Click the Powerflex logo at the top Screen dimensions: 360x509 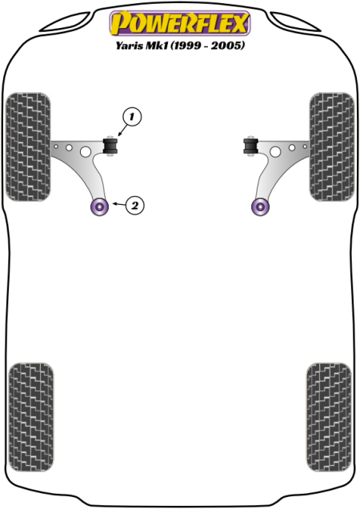pyautogui.click(x=180, y=22)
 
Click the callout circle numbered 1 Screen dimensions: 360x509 pyautogui.click(x=132, y=117)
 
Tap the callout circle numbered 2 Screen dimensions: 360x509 pyautogui.click(x=134, y=206)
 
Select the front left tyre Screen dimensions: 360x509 pyautogui.click(x=28, y=146)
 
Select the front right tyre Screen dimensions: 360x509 pyautogui.click(x=332, y=146)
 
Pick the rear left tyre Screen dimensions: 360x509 pyautogui.click(x=31, y=417)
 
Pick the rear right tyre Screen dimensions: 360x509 pyautogui.click(x=329, y=417)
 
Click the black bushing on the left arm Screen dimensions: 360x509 pyautogui.click(x=110, y=146)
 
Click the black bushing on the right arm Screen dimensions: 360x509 pyautogui.click(x=250, y=146)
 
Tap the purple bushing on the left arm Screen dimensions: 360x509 pyautogui.click(x=99, y=206)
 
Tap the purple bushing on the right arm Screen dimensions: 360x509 pyautogui.click(x=261, y=206)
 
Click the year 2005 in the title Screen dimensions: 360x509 pyautogui.click(x=227, y=45)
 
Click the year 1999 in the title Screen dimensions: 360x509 pyautogui.click(x=186, y=45)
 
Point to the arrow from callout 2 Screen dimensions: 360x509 pyautogui.click(x=118, y=204)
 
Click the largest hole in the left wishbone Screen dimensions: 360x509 pyautogui.click(x=86, y=151)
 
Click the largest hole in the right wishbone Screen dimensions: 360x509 pyautogui.click(x=275, y=151)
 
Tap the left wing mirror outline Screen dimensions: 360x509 pyautogui.click(x=65, y=22)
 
